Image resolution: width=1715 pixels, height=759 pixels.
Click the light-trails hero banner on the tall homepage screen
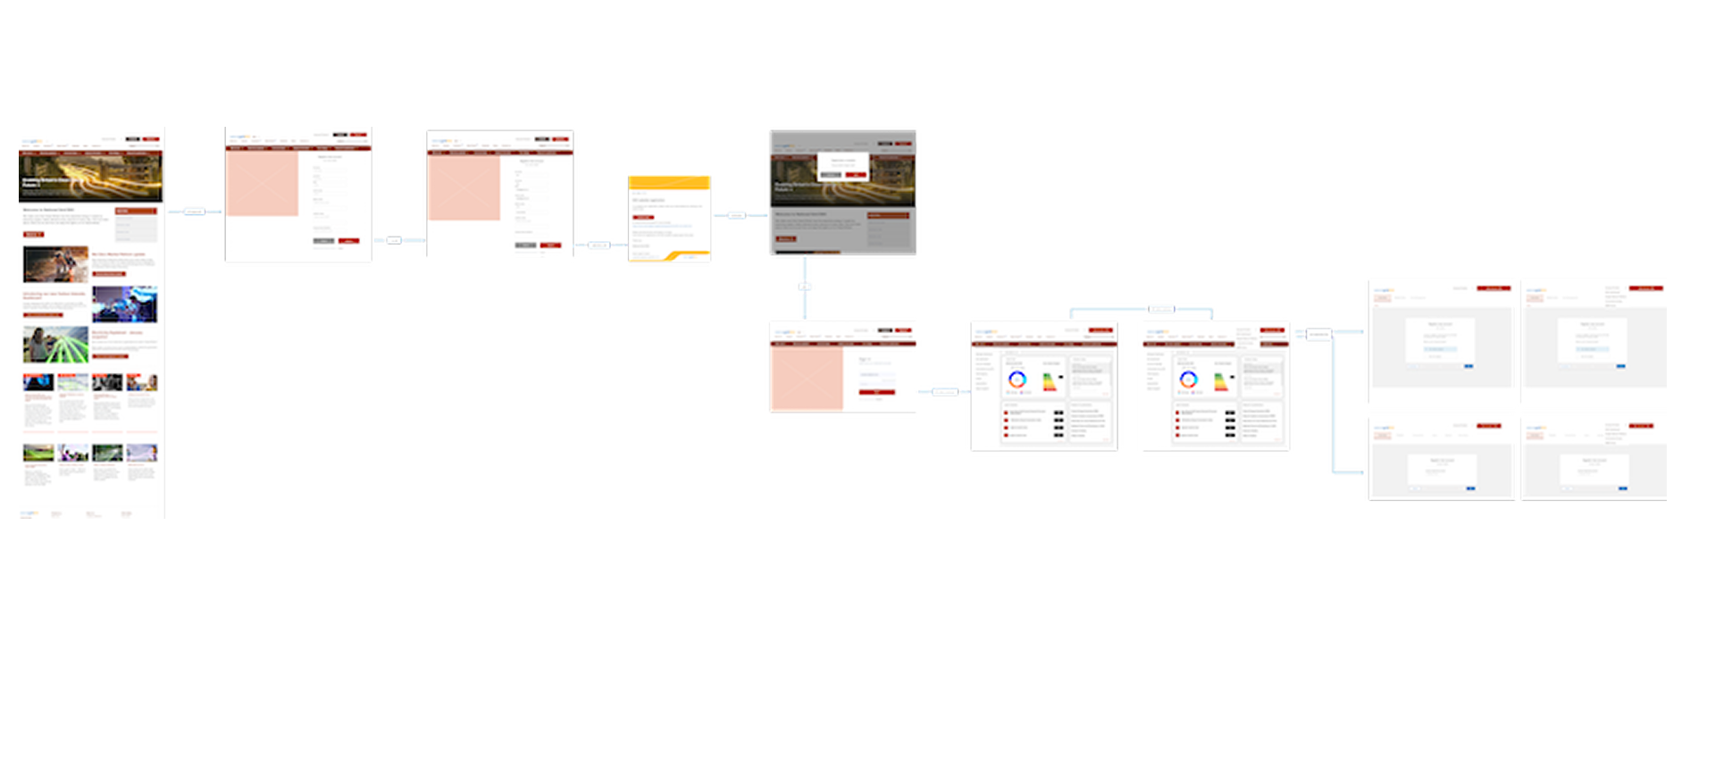tap(91, 177)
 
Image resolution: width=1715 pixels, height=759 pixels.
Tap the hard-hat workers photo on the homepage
tap(55, 264)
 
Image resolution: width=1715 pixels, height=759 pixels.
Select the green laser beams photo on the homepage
tap(55, 345)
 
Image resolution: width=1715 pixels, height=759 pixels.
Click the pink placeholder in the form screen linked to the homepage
tap(262, 182)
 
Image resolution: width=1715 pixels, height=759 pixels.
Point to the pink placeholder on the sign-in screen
tap(805, 379)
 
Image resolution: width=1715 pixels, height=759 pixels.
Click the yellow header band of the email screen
tap(669, 182)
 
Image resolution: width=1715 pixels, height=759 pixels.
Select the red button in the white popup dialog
tap(855, 174)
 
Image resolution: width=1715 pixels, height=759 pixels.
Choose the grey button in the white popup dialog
tap(831, 174)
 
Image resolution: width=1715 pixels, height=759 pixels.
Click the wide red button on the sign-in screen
tap(876, 392)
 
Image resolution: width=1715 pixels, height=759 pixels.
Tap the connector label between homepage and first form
tap(194, 213)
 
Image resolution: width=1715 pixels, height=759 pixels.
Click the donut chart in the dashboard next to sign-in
tap(1016, 379)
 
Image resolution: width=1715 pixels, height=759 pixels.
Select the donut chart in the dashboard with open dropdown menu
tap(1188, 379)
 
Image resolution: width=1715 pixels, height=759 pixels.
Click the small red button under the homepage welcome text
tap(33, 234)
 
